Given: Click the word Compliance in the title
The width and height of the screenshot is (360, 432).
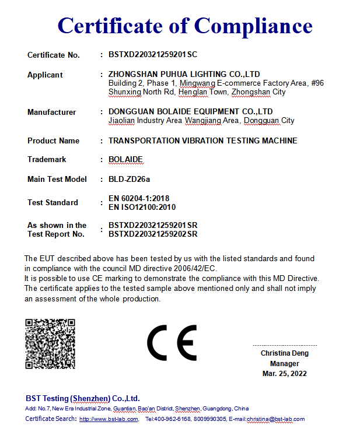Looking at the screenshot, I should [253, 26].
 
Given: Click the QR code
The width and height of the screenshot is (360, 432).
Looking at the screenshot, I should [50, 343].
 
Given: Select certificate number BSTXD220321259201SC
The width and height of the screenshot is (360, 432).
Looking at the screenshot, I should [153, 55].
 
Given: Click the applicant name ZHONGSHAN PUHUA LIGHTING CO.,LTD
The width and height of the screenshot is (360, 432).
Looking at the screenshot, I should [184, 75].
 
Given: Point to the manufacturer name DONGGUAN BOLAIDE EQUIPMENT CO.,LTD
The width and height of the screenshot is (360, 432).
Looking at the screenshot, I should [191, 111].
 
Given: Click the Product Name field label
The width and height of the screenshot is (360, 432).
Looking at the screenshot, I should [53, 141].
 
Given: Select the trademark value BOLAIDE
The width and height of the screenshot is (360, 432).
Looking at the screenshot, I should [125, 159].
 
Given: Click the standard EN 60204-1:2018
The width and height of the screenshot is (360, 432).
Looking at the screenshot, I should [139, 199].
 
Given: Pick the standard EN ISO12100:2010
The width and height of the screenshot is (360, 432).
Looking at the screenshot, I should [142, 207].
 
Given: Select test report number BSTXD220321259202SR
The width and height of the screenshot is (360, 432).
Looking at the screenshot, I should [153, 234].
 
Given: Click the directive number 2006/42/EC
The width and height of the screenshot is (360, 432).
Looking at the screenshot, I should [194, 268].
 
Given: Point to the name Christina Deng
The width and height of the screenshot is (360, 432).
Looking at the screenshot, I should [285, 353].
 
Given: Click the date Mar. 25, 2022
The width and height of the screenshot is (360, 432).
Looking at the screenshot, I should [285, 373].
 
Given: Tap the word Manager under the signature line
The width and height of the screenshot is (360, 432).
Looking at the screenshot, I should [285, 363].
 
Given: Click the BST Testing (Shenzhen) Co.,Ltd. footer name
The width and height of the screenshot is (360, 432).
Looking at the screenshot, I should [82, 398].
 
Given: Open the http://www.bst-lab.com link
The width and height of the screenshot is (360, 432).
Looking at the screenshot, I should [109, 419].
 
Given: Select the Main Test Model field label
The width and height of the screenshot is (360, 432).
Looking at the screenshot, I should [57, 179].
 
